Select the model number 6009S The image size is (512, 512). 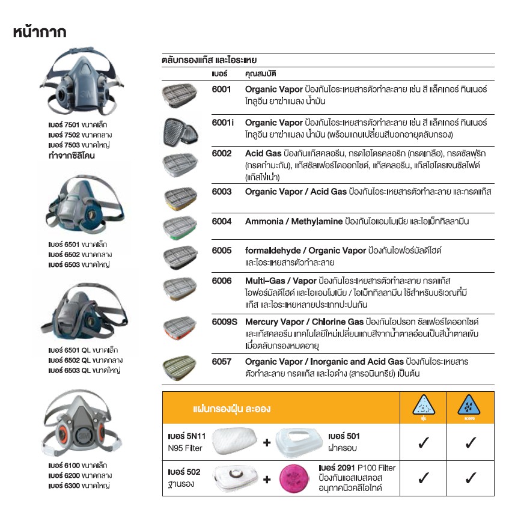click(225, 322)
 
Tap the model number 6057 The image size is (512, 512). click(222, 362)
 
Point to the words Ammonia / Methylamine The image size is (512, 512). click(294, 222)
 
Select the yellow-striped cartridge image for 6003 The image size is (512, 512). click(180, 197)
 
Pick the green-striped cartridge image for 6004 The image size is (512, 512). click(180, 227)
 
